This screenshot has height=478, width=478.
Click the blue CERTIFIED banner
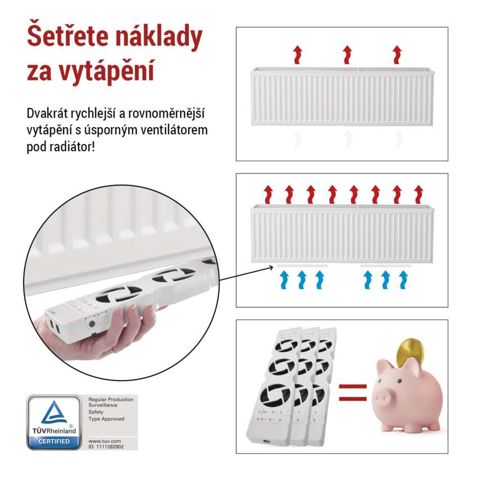click(x=54, y=441)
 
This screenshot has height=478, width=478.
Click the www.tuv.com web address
click(x=102, y=440)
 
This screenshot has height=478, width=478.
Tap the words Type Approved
click(x=106, y=419)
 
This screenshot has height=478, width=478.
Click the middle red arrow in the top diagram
click(x=347, y=55)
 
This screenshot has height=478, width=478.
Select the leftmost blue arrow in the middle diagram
click(x=285, y=279)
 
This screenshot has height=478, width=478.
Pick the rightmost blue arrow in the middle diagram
click(x=403, y=279)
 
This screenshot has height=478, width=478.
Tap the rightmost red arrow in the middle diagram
click(x=418, y=194)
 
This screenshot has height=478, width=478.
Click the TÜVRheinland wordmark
click(x=54, y=431)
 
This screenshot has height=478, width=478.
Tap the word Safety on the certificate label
click(x=96, y=412)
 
